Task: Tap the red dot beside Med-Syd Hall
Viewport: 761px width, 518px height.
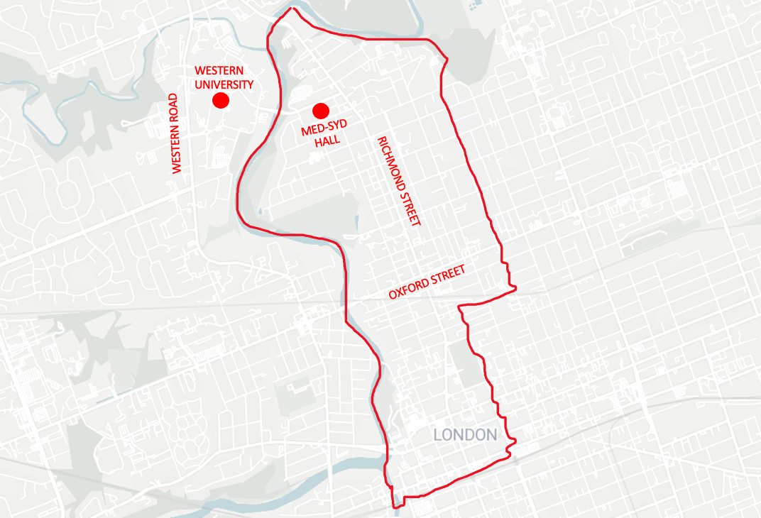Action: [x=320, y=111]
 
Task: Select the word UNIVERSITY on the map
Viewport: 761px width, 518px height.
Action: [x=224, y=84]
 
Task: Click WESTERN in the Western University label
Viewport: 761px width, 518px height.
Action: [x=219, y=71]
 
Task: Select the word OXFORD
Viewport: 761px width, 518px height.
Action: [x=407, y=289]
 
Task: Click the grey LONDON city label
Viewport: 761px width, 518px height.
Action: [x=465, y=434]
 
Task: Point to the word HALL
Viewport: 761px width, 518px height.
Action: [x=327, y=140]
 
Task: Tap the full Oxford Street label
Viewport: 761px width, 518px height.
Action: [x=426, y=282]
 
